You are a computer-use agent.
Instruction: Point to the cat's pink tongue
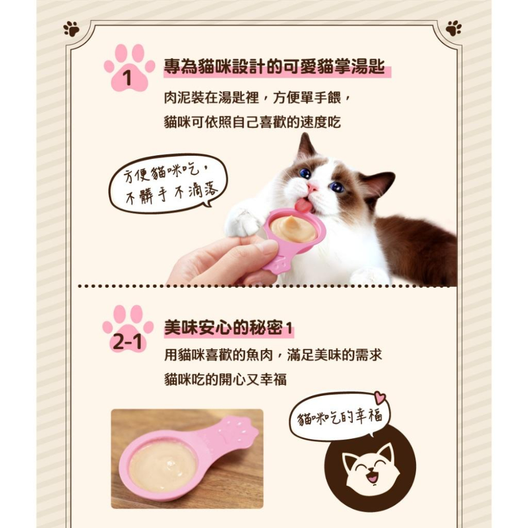click(304, 205)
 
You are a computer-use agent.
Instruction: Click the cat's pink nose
click(313, 188)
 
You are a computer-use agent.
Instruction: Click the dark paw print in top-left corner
click(71, 29)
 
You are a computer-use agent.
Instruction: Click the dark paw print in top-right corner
click(453, 29)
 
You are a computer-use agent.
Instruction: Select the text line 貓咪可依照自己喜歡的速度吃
click(252, 123)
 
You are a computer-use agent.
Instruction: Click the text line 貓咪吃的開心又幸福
click(225, 379)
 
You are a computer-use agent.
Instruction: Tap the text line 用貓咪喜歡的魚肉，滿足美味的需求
click(273, 355)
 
